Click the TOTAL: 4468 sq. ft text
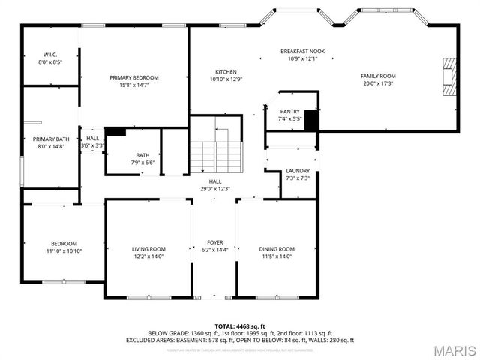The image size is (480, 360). (x=240, y=325)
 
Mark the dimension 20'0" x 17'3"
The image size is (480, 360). (x=378, y=83)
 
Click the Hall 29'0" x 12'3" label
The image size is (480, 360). (x=215, y=185)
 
